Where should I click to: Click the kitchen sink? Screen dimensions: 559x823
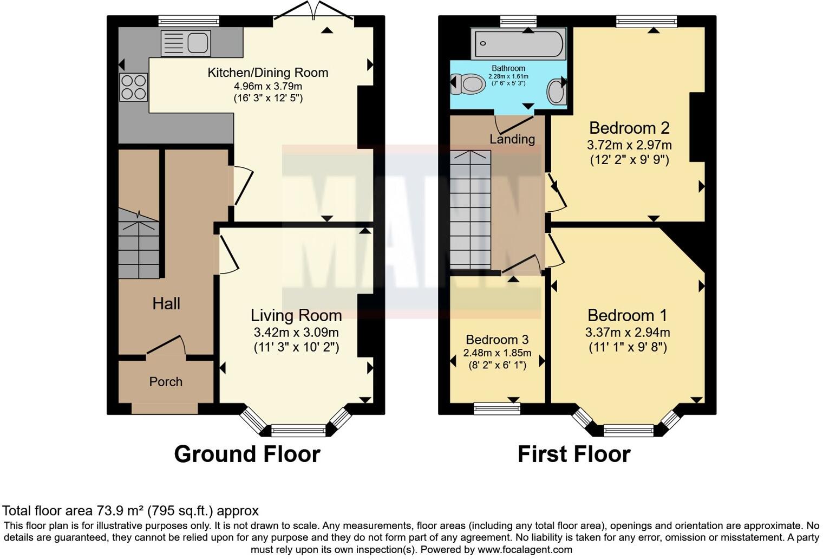pos(185,43)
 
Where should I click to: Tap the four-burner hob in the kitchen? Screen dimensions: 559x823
pos(133,87)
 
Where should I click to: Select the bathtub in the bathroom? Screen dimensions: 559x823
pos(518,44)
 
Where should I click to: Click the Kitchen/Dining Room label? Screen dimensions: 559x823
pos(267,73)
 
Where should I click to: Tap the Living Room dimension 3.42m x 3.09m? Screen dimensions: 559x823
pos(296,332)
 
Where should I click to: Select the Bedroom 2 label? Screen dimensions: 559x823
pos(629,128)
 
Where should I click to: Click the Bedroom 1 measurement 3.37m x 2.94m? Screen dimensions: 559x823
pos(628,332)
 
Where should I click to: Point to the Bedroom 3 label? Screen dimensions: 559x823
pos(497,340)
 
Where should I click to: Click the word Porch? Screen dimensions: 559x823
pos(166,382)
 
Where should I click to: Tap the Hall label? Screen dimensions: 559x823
pos(166,304)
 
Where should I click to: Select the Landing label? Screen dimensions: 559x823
pos(512,139)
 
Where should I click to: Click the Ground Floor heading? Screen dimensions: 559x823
pos(247,454)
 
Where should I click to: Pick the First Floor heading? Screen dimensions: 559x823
pos(574,454)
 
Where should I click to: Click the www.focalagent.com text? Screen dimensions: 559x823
pos(525,550)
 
